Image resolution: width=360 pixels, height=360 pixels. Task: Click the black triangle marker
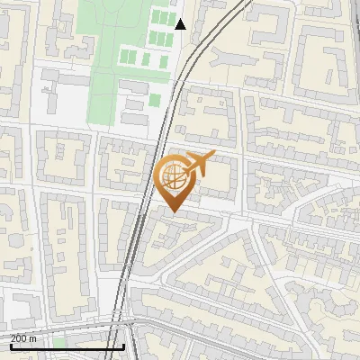180,24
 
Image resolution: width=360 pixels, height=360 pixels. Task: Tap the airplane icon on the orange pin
199,164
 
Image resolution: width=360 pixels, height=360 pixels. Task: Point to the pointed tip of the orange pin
171,211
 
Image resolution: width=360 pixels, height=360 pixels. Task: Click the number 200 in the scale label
19,338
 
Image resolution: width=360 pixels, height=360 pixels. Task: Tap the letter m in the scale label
33,338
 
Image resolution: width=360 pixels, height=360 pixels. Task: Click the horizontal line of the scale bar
67,346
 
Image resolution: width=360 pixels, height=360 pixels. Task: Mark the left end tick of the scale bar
10,345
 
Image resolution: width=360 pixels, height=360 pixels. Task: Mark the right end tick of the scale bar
124,345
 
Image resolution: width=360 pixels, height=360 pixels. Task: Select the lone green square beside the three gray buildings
155,100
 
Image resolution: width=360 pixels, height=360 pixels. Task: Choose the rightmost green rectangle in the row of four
164,60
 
